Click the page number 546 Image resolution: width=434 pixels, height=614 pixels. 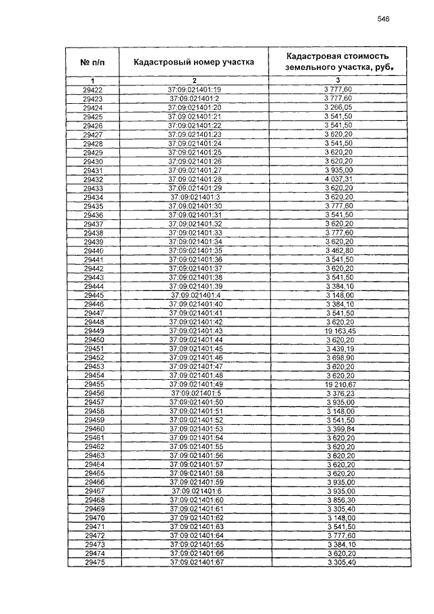382,20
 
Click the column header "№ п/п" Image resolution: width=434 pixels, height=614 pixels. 93,62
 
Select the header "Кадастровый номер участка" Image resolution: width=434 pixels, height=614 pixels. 194,62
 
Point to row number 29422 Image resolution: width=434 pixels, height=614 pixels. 93,90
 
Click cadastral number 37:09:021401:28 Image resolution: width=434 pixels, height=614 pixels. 194,179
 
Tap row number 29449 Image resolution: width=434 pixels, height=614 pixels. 93,330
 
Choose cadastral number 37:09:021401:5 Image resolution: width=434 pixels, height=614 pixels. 194,393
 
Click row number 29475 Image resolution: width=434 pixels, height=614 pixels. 93,562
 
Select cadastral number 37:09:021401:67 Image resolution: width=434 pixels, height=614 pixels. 194,562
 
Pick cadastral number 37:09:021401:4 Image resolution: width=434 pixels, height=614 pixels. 194,295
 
